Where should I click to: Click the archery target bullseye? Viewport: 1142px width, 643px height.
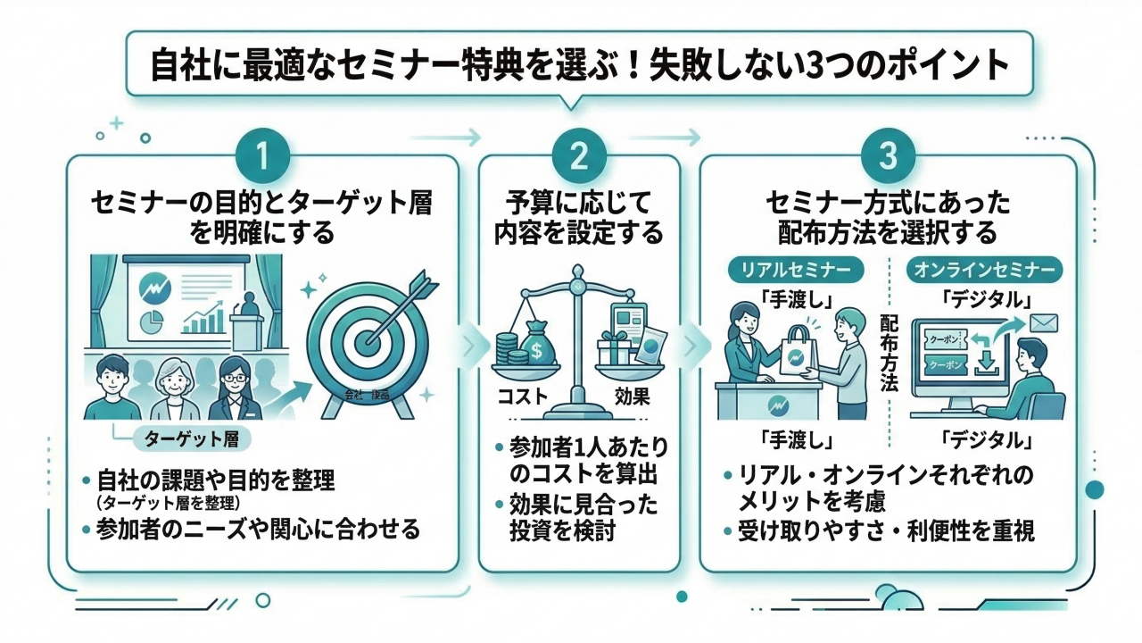[x=367, y=339]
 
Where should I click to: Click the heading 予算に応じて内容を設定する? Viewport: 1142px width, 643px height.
[x=579, y=218]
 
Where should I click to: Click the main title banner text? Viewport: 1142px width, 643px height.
[x=579, y=68]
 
